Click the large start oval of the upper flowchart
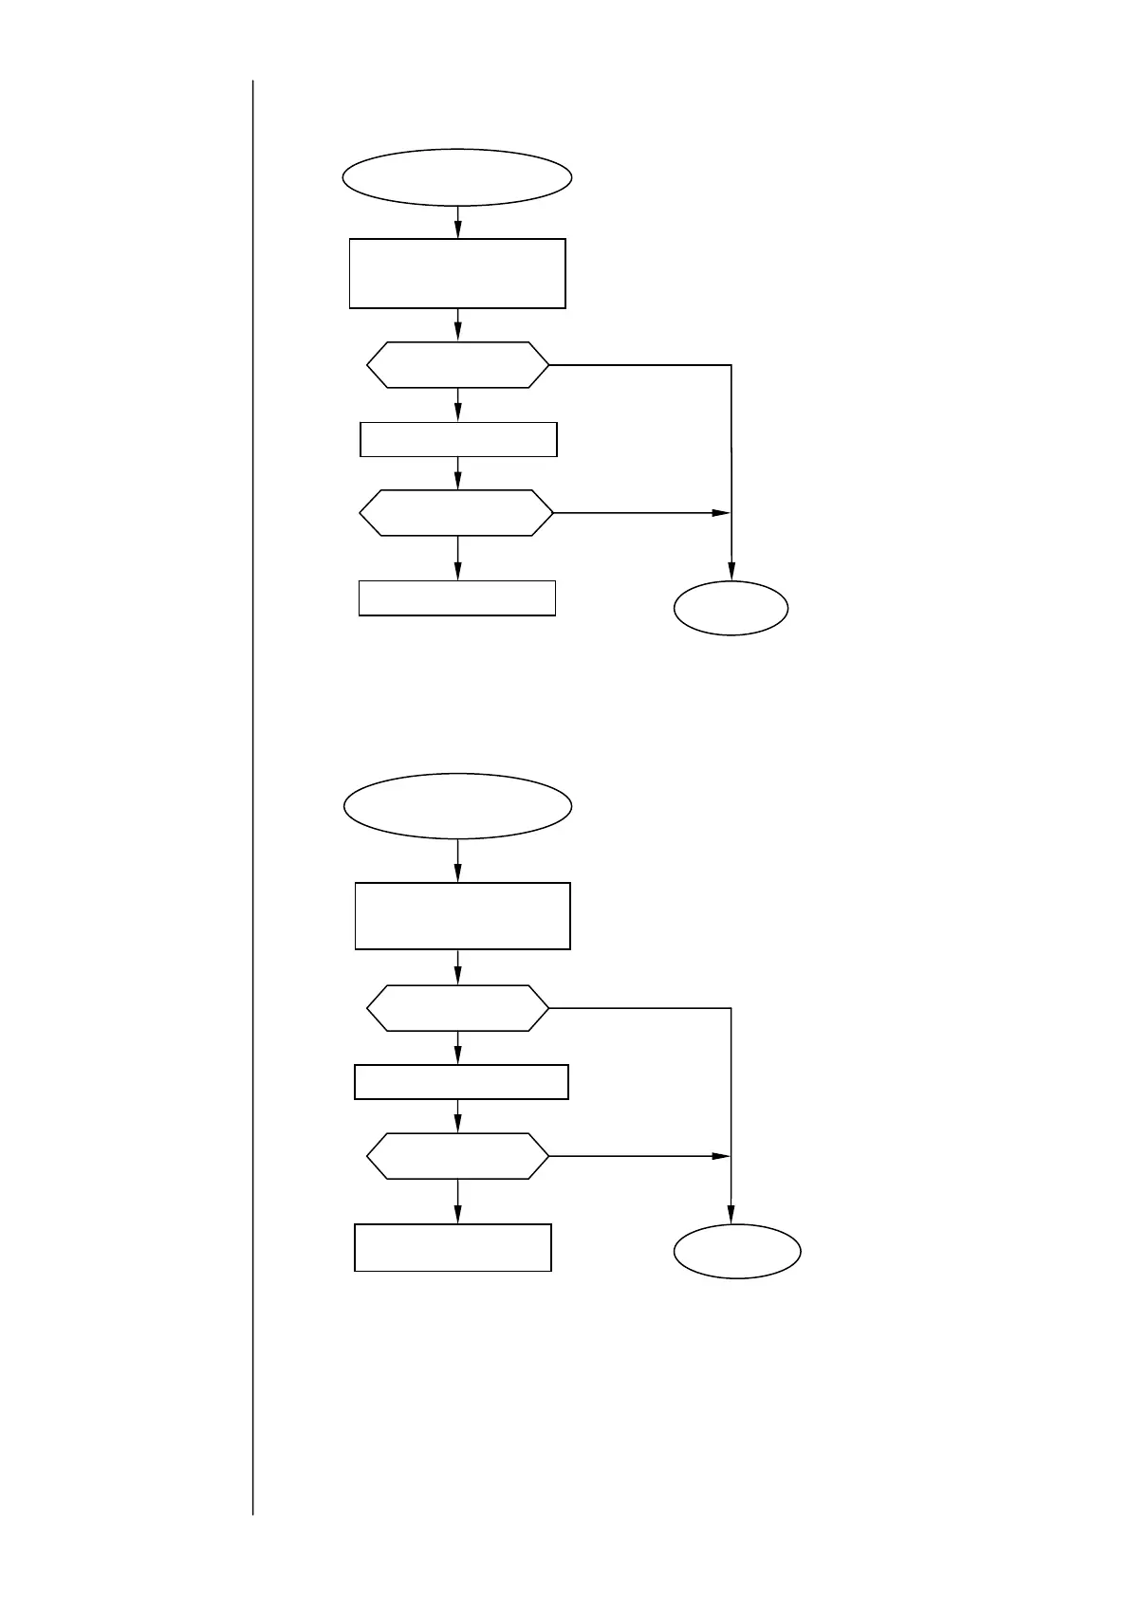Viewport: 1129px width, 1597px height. pos(457,176)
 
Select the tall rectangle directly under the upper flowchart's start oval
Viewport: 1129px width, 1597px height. pos(457,273)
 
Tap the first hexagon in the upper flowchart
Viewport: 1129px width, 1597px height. pos(457,365)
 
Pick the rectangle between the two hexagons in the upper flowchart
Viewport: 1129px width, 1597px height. pos(458,439)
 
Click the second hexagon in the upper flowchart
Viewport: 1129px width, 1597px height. pos(456,513)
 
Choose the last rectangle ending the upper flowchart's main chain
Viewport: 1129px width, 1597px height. pos(456,598)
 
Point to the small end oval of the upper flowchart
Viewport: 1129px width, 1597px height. pos(731,608)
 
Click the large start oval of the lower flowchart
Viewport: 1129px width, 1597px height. pos(457,806)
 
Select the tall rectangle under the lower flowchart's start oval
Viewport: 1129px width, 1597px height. pos(462,916)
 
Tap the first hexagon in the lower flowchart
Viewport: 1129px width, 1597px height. pos(457,1008)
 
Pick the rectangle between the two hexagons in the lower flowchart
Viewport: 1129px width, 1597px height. pos(461,1082)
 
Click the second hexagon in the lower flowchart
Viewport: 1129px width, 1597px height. pos(457,1156)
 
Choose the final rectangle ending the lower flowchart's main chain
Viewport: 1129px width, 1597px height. pos(453,1247)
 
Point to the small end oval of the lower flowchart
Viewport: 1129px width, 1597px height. pos(737,1252)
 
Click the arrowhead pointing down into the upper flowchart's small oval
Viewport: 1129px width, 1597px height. pos(731,572)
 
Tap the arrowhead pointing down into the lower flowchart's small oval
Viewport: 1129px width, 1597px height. pos(731,1215)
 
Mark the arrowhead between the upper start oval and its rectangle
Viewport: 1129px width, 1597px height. pos(457,229)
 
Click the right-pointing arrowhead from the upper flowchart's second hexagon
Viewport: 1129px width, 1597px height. pos(721,513)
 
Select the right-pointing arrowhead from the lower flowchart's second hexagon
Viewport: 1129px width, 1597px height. pos(721,1156)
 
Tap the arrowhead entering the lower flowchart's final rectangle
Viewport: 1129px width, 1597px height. pos(457,1215)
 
